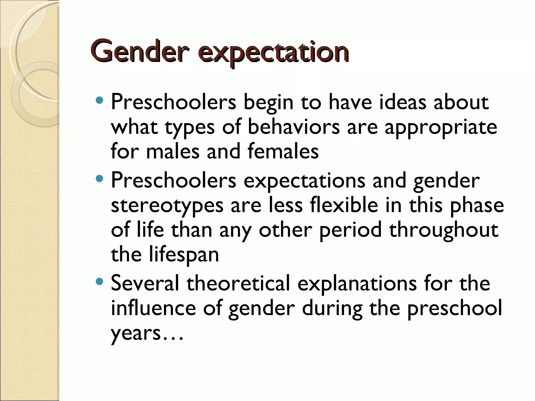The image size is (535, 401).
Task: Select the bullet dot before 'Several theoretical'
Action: tap(100, 281)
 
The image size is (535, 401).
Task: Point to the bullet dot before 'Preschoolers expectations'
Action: tap(100, 179)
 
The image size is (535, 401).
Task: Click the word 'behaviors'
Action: tap(294, 127)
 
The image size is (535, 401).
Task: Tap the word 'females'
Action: tap(283, 151)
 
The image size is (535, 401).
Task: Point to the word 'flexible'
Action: tap(344, 205)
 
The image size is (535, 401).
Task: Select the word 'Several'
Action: tap(145, 283)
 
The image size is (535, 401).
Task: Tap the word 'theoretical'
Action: tap(238, 283)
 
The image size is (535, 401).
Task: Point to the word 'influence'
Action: tap(153, 308)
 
